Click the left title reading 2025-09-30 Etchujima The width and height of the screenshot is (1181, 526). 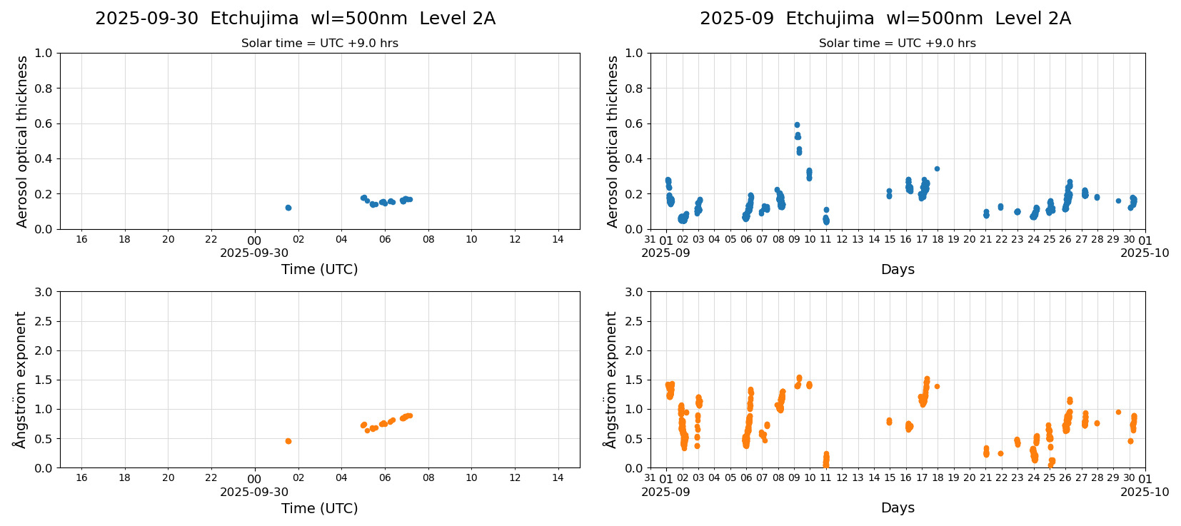click(295, 19)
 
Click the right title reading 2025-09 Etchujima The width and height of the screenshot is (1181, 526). click(885, 19)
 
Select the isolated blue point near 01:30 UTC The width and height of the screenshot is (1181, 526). click(288, 208)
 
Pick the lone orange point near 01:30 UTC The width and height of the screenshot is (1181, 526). click(288, 441)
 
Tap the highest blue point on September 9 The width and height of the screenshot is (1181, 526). click(797, 125)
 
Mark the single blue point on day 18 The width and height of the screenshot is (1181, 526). click(937, 169)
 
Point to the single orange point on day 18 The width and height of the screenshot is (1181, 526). click(937, 386)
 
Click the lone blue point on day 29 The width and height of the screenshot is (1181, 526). click(1118, 201)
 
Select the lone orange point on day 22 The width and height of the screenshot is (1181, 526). click(1000, 453)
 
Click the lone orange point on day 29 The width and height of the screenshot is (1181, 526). click(1118, 412)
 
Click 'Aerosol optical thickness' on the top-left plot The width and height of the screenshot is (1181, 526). click(22, 141)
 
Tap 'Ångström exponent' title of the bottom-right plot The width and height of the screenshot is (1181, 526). click(610, 380)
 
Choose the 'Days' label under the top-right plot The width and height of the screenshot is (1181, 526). click(898, 270)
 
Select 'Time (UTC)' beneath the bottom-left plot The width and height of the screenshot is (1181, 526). click(319, 508)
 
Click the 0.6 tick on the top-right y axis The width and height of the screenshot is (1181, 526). click(634, 123)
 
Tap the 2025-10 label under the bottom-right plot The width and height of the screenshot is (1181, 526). click(1145, 492)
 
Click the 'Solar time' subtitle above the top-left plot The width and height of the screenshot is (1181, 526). click(319, 44)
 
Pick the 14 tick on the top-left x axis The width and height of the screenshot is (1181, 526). click(558, 239)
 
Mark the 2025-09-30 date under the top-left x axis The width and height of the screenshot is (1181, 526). click(254, 253)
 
